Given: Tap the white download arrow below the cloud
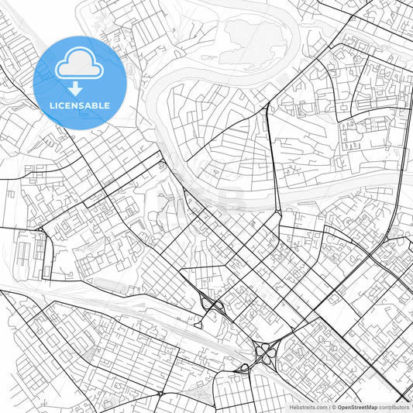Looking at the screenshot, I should (75, 88).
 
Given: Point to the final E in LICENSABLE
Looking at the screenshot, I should (106, 105).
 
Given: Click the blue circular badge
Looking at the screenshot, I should (79, 82).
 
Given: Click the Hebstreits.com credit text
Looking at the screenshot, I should (308, 407).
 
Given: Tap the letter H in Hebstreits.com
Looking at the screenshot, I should (291, 407).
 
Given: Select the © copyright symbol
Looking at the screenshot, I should (333, 407).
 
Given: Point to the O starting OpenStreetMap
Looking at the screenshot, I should (339, 407).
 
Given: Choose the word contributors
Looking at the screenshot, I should (394, 407).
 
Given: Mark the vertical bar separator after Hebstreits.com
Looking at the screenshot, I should (328, 407).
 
